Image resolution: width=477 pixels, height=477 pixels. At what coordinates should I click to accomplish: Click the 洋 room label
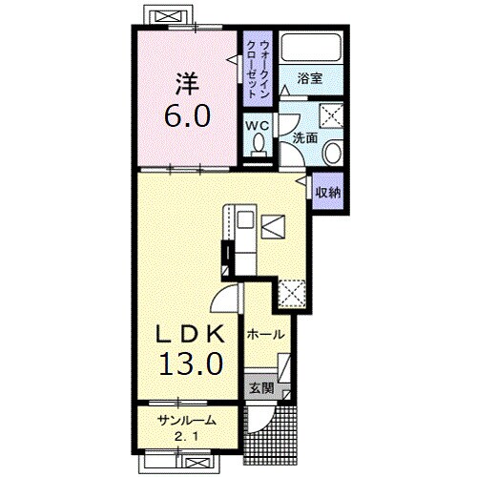187,84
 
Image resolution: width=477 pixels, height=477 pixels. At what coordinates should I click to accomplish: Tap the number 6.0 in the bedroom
187,115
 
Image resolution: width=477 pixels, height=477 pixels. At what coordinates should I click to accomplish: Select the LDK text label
190,334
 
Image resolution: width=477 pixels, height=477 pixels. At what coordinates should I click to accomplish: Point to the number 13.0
191,363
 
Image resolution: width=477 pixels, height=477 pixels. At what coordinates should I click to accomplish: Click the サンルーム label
187,421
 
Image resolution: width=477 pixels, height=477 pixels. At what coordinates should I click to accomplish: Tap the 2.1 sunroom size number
187,437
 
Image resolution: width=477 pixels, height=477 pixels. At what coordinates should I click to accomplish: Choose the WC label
258,126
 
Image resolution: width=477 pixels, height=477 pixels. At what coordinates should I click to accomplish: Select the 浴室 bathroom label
310,78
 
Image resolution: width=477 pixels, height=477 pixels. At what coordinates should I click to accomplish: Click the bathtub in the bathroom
312,47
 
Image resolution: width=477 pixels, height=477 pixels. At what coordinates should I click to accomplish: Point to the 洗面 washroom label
304,137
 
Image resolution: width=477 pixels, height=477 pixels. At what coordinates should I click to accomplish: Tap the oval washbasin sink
332,152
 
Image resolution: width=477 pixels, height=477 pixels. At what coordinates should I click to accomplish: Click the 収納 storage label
328,193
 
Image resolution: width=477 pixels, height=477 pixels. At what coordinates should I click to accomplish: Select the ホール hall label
265,335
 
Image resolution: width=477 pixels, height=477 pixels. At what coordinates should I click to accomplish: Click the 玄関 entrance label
261,388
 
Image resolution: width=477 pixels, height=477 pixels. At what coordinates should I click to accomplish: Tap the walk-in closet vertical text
258,70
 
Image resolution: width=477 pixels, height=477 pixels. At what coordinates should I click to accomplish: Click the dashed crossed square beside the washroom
331,115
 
